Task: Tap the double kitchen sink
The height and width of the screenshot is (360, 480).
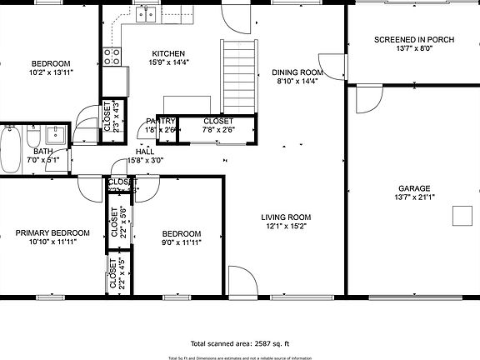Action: click(x=148, y=12)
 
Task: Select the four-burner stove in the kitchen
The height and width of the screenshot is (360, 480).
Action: click(x=112, y=56)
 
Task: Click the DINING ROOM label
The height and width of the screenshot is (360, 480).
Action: click(x=298, y=72)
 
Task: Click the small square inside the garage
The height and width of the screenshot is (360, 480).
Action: click(x=461, y=217)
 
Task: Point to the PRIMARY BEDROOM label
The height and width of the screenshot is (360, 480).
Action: click(x=52, y=232)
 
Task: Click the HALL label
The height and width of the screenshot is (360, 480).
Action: click(x=144, y=151)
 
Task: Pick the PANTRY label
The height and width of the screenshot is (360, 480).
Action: click(x=160, y=121)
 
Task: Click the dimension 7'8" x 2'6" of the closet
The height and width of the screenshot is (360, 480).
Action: click(x=218, y=129)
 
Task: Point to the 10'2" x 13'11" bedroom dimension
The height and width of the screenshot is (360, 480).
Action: click(x=51, y=73)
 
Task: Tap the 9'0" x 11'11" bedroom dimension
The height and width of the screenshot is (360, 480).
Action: click(x=181, y=242)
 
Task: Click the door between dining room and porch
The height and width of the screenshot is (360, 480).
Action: click(x=336, y=69)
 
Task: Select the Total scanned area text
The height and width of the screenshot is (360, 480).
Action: click(x=240, y=343)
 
